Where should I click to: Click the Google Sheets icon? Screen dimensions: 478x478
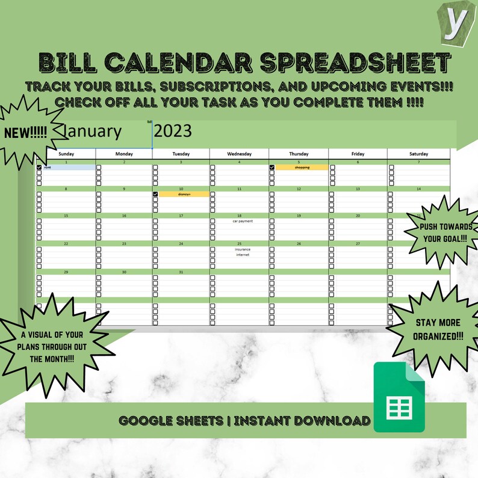(399, 397)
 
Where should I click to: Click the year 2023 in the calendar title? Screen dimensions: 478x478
(173, 131)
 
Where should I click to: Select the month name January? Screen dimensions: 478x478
(92, 131)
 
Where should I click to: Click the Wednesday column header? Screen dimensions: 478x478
(239, 154)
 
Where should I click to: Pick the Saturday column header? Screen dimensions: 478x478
(418, 154)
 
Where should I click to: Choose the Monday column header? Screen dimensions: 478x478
(124, 154)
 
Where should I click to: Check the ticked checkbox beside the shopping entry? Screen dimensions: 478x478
(272, 167)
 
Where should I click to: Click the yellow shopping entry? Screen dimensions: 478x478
(302, 167)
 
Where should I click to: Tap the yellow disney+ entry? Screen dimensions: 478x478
(184, 194)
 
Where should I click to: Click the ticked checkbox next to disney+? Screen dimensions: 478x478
(155, 194)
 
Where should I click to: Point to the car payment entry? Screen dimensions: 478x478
(243, 221)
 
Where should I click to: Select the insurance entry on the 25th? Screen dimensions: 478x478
(243, 249)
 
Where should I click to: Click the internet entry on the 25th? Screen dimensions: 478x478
(243, 255)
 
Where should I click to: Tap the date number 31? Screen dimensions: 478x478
(181, 272)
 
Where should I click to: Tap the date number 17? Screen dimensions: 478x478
(181, 216)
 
